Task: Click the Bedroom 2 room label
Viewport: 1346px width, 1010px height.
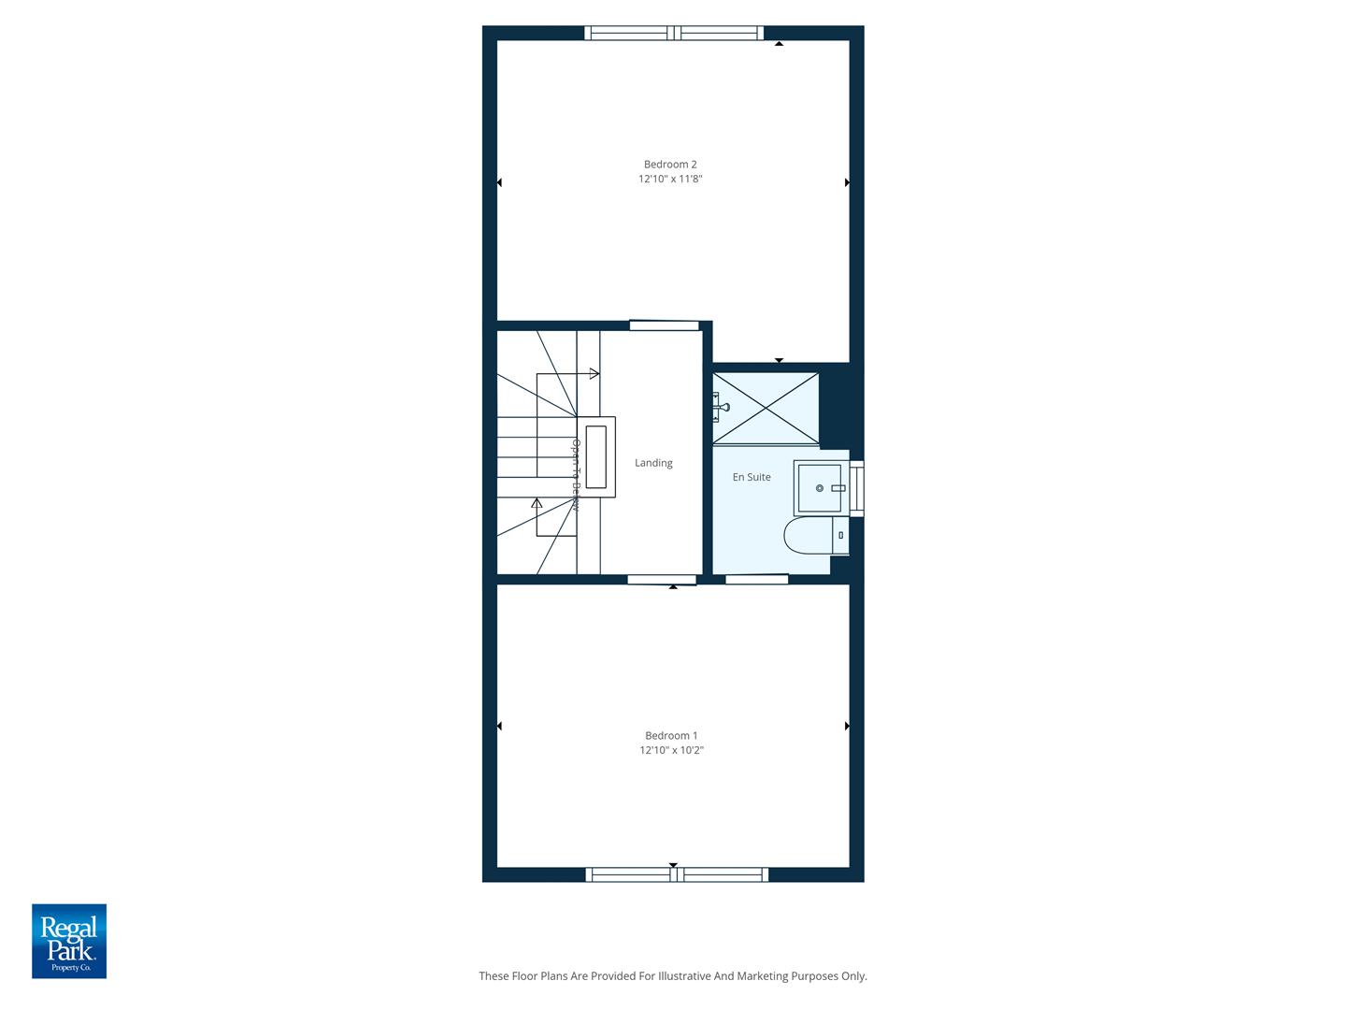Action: coord(670,165)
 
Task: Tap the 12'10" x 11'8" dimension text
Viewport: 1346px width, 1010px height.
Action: coord(670,179)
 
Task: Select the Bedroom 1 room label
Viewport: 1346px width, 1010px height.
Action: coord(671,736)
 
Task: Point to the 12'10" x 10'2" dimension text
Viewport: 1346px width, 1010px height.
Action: coord(671,750)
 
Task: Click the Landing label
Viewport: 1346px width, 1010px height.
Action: coord(653,463)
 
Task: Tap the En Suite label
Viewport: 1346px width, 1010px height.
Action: coord(752,477)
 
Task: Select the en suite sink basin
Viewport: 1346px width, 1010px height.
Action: coord(820,488)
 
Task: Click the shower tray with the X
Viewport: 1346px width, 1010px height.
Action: coord(766,408)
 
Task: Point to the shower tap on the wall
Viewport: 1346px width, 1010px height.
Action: coord(721,407)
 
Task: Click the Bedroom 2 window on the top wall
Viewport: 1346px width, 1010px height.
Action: coord(674,34)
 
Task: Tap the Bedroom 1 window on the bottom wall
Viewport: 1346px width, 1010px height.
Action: coord(677,875)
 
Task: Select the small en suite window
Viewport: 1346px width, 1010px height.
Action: coord(856,488)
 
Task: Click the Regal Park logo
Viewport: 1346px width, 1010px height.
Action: coord(69,941)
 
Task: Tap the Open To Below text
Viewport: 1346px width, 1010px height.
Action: coord(576,475)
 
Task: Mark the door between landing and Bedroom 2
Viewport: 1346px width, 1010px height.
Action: coord(664,325)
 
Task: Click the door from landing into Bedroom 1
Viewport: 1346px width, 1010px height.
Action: coord(662,580)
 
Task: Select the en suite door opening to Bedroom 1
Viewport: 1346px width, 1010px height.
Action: coord(756,580)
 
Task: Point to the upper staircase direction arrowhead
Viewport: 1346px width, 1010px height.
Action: coord(594,374)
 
